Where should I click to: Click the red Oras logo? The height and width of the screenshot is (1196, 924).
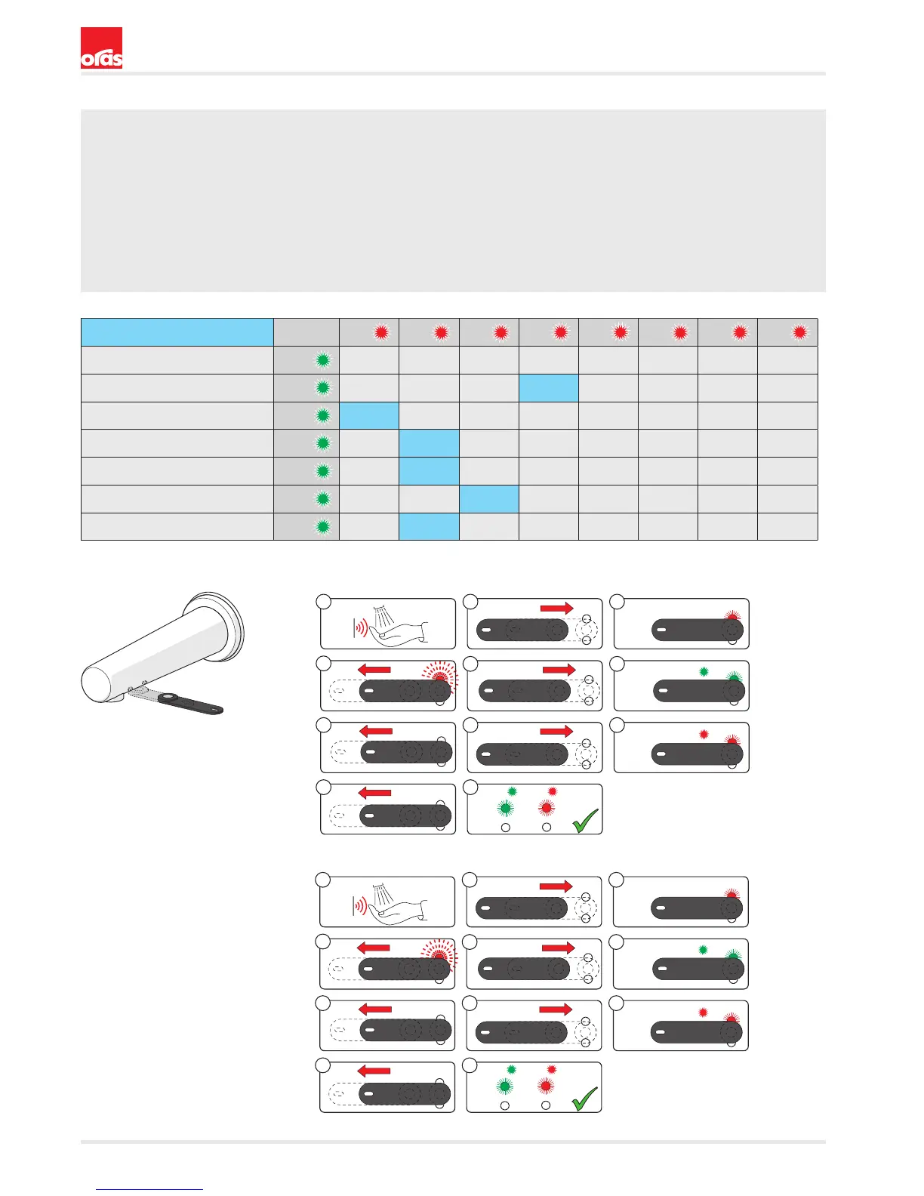tap(101, 48)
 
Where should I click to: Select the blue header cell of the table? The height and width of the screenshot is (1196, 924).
tap(177, 332)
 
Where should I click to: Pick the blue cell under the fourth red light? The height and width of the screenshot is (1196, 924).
tap(549, 388)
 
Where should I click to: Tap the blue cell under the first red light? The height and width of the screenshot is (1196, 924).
tap(369, 415)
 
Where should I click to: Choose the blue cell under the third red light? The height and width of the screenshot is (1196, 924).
tap(488, 499)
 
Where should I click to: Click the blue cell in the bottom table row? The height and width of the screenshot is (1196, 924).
tap(429, 527)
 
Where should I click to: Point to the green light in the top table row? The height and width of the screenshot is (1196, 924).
tap(323, 360)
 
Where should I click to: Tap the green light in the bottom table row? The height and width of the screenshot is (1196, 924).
tap(323, 527)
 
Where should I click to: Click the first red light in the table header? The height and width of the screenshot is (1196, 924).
tap(381, 332)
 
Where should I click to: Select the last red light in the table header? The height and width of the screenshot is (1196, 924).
tap(799, 332)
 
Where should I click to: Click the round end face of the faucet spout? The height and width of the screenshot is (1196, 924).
tap(97, 683)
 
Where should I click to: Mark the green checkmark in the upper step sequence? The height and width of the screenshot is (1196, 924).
tap(585, 821)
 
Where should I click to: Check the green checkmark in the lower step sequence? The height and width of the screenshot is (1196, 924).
tap(584, 1099)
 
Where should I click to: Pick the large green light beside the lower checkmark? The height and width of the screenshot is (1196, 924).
tap(505, 1087)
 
